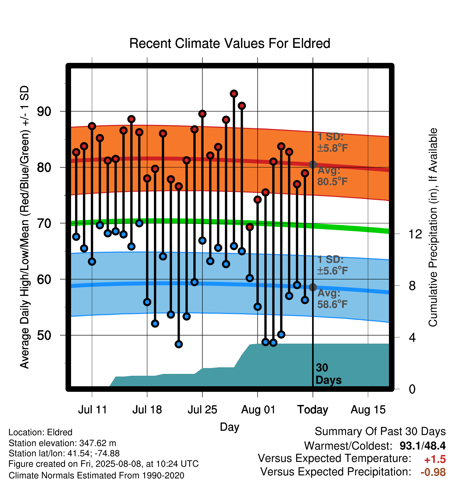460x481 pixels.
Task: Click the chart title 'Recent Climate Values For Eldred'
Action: pos(230,43)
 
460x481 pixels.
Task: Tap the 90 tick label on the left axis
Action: pos(44,112)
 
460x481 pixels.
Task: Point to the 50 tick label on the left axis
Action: pos(44,335)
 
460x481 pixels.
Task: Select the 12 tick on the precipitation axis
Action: pos(415,234)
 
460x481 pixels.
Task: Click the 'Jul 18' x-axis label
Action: pos(147,410)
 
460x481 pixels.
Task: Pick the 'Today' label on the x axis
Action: pos(313,410)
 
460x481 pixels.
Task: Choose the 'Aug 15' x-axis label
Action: pos(368,410)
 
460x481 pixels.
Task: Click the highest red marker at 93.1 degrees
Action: pos(234,94)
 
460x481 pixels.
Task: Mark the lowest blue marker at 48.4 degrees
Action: pos(179,344)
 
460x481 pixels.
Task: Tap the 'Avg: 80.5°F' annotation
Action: pos(333,176)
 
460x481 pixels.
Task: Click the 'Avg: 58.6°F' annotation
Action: pos(333,299)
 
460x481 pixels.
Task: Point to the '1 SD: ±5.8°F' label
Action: pos(333,142)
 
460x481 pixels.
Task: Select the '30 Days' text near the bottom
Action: pos(328,374)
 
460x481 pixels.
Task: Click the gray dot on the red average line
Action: pos(313,164)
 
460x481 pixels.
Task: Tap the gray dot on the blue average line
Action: pos(313,287)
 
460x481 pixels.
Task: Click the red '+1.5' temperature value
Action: pos(435,459)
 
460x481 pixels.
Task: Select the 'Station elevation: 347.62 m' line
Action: pos(62,443)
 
